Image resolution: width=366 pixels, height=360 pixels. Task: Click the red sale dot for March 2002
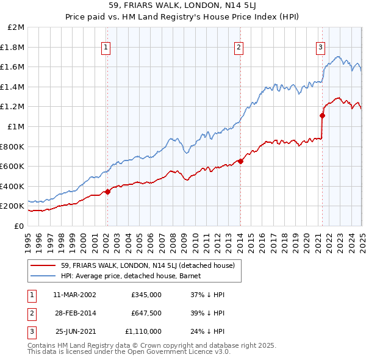[x=107, y=192]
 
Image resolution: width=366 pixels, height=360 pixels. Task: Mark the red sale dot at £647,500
[x=240, y=162]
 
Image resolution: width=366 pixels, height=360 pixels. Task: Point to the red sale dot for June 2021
[x=322, y=115]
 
